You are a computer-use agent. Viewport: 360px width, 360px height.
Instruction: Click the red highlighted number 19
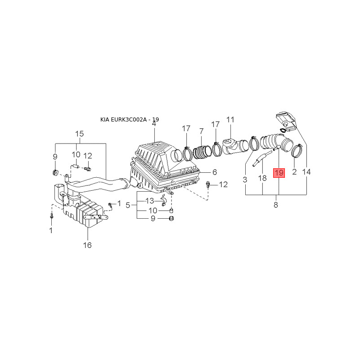[279, 173]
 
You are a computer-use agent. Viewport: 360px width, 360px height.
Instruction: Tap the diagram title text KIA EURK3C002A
[123, 120]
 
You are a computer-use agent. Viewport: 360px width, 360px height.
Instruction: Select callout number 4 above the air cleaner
[154, 123]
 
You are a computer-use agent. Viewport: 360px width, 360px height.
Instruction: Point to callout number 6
[215, 172]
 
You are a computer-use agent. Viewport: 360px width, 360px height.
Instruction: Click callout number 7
[201, 131]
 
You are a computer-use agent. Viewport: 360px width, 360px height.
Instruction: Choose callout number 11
[230, 120]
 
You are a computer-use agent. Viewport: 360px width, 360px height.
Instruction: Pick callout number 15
[80, 134]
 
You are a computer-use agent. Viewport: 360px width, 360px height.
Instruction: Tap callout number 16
[87, 245]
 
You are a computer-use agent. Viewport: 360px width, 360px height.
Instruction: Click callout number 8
[276, 205]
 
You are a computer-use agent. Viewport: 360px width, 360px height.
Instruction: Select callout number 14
[306, 172]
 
